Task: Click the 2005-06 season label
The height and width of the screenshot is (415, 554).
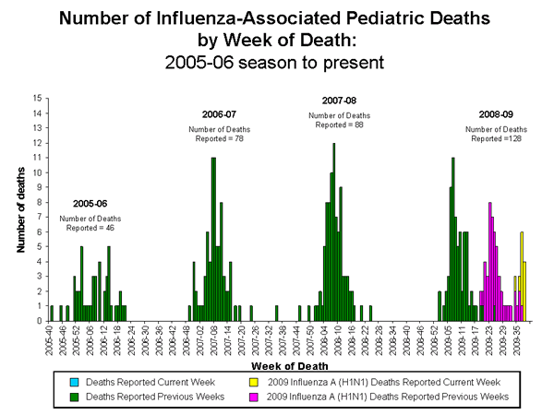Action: (x=90, y=203)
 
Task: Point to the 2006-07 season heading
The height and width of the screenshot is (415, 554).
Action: (x=219, y=113)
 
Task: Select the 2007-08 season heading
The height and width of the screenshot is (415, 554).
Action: (x=339, y=100)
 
